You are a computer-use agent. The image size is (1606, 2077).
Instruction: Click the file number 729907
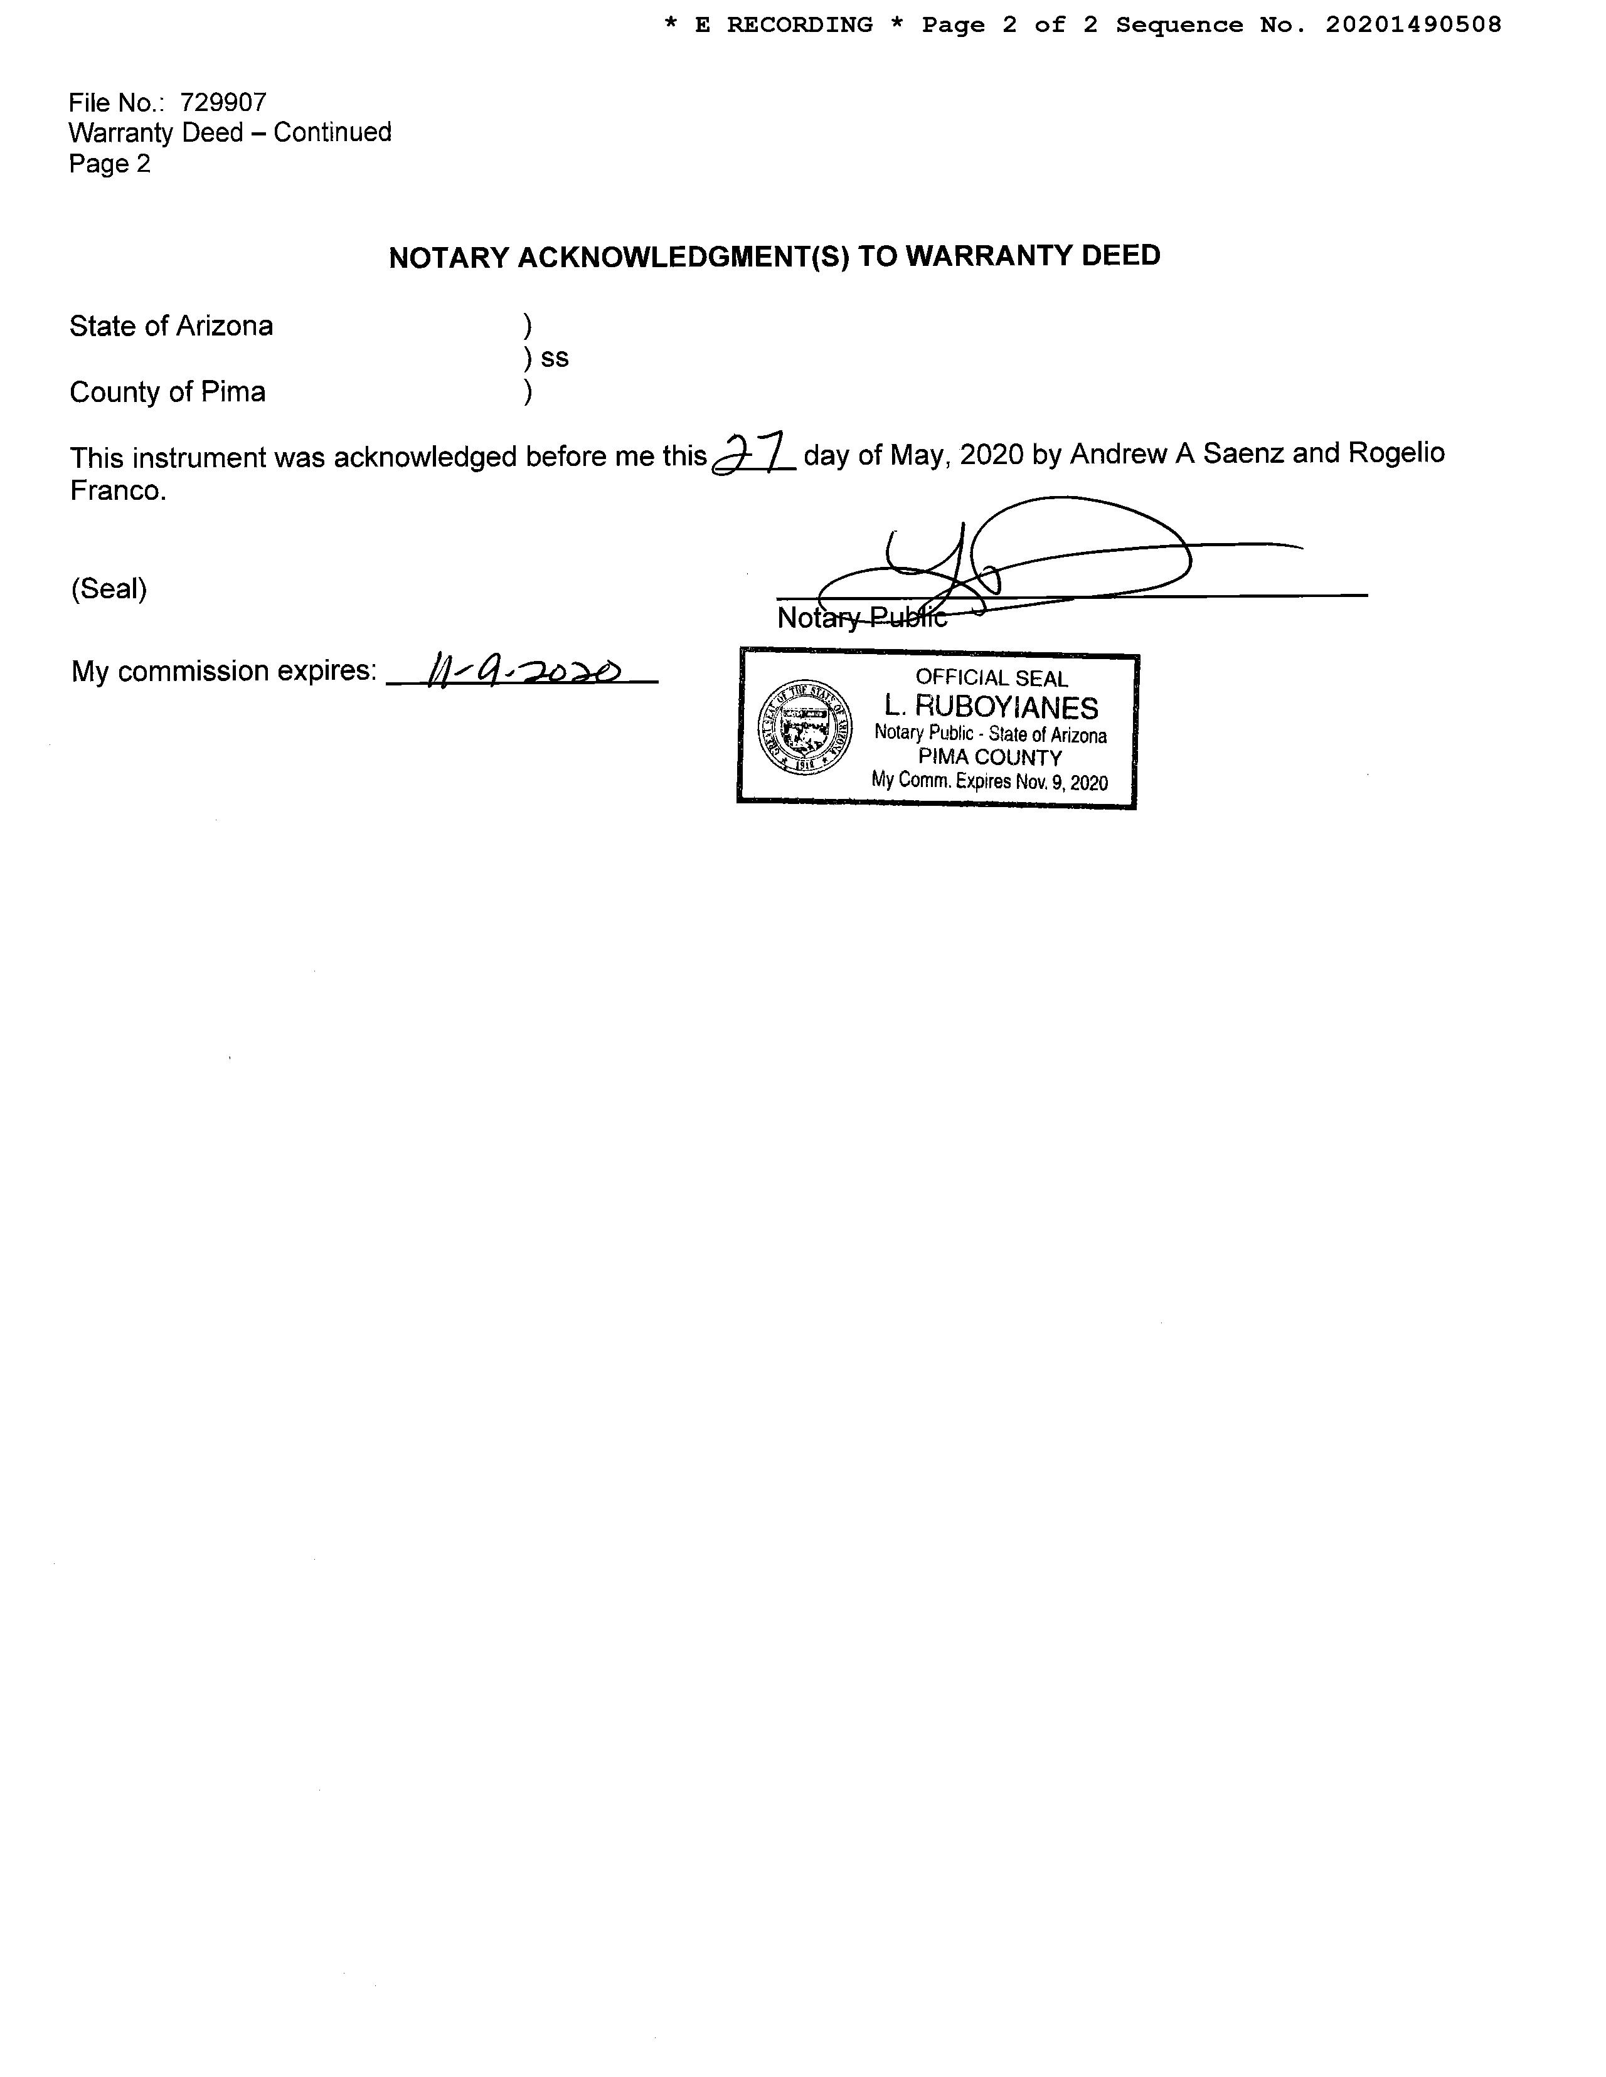tap(223, 103)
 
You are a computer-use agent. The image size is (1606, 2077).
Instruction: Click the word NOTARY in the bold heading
tap(449, 258)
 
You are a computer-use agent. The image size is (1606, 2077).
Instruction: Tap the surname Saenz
tap(1243, 453)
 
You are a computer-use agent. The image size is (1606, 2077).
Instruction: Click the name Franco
tap(118, 491)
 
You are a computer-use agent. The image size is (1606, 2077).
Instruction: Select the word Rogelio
tap(1396, 453)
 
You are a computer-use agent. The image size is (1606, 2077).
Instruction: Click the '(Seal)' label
tap(109, 589)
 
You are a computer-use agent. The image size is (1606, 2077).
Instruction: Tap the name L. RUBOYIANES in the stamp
tap(991, 707)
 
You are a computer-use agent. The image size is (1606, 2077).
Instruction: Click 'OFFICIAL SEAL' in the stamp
tap(991, 678)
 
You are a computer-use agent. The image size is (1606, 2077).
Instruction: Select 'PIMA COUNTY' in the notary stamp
tap(989, 758)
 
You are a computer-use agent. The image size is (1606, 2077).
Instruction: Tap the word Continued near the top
tap(332, 132)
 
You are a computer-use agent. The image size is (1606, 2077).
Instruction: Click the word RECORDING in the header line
tap(799, 24)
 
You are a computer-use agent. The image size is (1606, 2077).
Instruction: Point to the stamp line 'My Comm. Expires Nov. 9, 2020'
tap(989, 782)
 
